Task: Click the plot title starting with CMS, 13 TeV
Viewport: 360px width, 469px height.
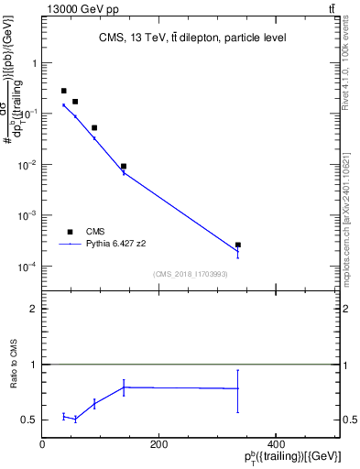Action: coord(192,38)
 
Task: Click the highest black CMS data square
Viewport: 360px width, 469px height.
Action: coord(63,91)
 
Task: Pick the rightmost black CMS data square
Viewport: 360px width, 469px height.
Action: coord(238,245)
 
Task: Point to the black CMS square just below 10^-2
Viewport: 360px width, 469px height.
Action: coord(124,167)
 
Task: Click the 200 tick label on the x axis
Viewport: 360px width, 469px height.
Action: coord(158,444)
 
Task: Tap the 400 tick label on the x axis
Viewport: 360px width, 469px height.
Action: coord(275,444)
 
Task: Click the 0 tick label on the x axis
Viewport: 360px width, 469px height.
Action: coord(42,444)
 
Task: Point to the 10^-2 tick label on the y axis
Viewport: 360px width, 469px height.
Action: coord(27,165)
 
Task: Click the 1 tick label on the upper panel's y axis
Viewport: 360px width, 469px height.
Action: coord(34,63)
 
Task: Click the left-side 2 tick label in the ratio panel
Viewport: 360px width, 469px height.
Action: coord(34,310)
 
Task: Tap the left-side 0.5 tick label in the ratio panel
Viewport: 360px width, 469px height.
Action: coord(30,420)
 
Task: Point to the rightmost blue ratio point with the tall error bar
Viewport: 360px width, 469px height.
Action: coord(238,388)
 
